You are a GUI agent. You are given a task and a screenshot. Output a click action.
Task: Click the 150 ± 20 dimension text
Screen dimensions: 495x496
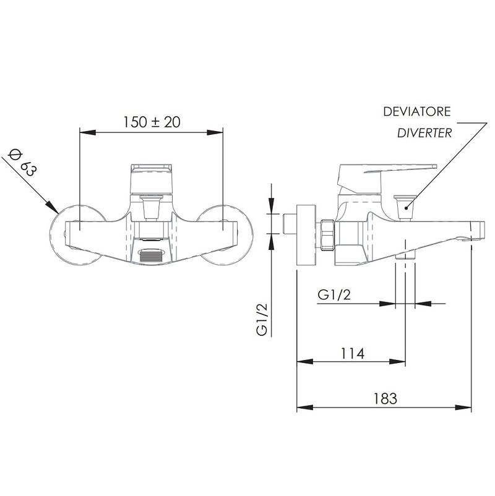pyautogui.click(x=152, y=122)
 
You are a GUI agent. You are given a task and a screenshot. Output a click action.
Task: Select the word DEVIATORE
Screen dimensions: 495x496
pyautogui.click(x=417, y=112)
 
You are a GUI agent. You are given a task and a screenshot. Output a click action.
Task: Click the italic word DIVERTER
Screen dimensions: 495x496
pyautogui.click(x=424, y=133)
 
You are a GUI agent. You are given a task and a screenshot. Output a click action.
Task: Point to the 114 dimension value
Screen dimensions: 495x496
pyautogui.click(x=352, y=353)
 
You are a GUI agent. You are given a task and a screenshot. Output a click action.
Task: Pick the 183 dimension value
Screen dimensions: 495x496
pyautogui.click(x=385, y=398)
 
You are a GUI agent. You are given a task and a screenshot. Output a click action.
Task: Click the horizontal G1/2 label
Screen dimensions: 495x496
pyautogui.click(x=334, y=295)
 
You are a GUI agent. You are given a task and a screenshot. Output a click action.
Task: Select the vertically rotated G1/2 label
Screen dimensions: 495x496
pyautogui.click(x=262, y=319)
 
